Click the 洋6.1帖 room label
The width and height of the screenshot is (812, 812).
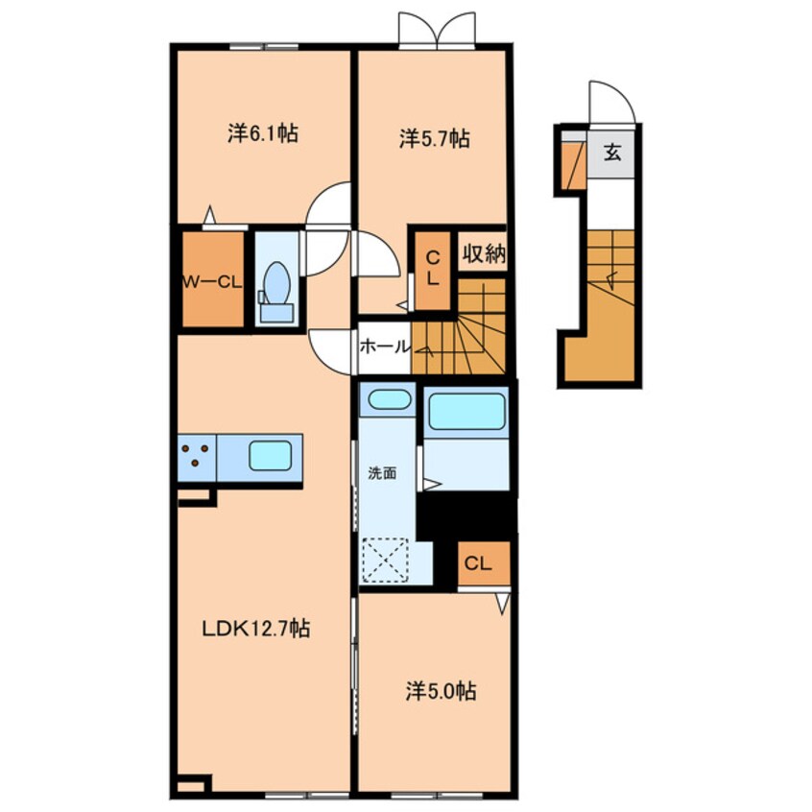[263, 134]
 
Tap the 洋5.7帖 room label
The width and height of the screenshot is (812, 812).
[435, 139]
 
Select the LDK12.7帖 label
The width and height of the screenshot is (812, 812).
[256, 628]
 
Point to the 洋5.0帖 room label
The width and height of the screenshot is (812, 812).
[441, 691]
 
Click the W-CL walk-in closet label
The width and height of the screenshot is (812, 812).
[212, 282]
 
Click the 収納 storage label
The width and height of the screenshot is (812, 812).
[484, 252]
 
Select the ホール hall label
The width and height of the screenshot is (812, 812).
[385, 346]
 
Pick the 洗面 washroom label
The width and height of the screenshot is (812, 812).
[382, 473]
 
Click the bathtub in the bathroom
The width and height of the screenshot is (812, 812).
[466, 411]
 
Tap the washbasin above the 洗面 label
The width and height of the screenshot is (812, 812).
[390, 400]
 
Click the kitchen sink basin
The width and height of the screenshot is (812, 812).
[270, 456]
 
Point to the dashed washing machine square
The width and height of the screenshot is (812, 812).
[385, 561]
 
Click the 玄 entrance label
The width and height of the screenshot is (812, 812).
[612, 153]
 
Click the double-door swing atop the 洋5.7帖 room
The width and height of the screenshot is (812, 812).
[437, 30]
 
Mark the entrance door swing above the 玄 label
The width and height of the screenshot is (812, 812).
[612, 102]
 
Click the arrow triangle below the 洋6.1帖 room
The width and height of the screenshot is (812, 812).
[209, 214]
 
